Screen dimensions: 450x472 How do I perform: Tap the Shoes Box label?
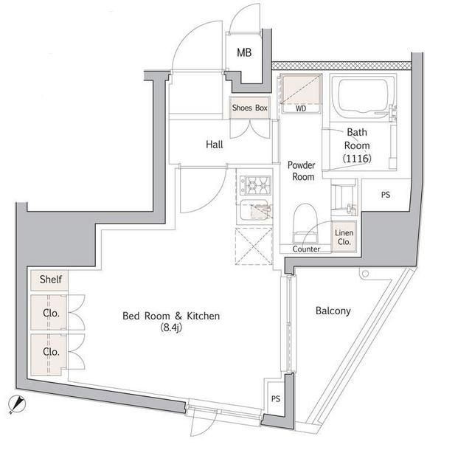point(250,108)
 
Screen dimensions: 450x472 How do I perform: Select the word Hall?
point(214,145)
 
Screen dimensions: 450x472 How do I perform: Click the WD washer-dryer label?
point(301,108)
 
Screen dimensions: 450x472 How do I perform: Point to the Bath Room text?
point(357,139)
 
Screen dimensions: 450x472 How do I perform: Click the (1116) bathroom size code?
point(357,159)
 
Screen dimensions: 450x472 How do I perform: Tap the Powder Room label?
point(301,171)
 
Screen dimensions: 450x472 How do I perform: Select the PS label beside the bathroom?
point(385,195)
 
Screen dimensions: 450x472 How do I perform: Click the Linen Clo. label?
point(344,237)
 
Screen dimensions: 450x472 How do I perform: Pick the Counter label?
point(306,249)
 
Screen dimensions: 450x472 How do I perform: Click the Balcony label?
point(333,311)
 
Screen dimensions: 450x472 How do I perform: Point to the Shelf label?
point(50,280)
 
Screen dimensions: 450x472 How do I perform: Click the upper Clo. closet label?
point(50,313)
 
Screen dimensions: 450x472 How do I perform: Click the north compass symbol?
point(18,405)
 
